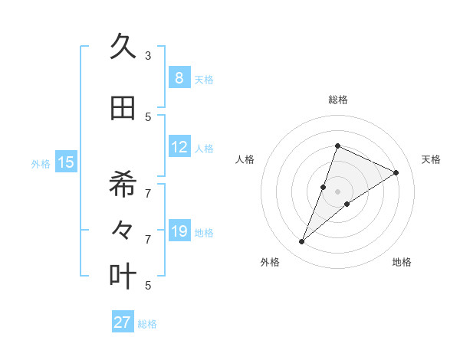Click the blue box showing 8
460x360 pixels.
coord(179,77)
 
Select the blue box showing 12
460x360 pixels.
coord(179,147)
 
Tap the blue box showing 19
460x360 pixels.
coord(179,231)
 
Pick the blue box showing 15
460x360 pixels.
coord(66,162)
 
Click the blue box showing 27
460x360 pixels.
coord(123,322)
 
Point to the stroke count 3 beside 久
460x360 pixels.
coord(148,56)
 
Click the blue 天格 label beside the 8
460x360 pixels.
coord(204,79)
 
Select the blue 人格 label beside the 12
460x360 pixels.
coord(204,149)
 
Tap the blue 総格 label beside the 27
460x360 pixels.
coord(147,324)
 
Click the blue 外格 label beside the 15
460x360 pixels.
coord(41,163)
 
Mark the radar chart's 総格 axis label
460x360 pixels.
coord(337,100)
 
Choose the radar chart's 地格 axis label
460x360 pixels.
coord(402,262)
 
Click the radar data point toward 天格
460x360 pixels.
coord(396,172)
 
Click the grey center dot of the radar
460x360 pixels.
coord(337,191)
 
